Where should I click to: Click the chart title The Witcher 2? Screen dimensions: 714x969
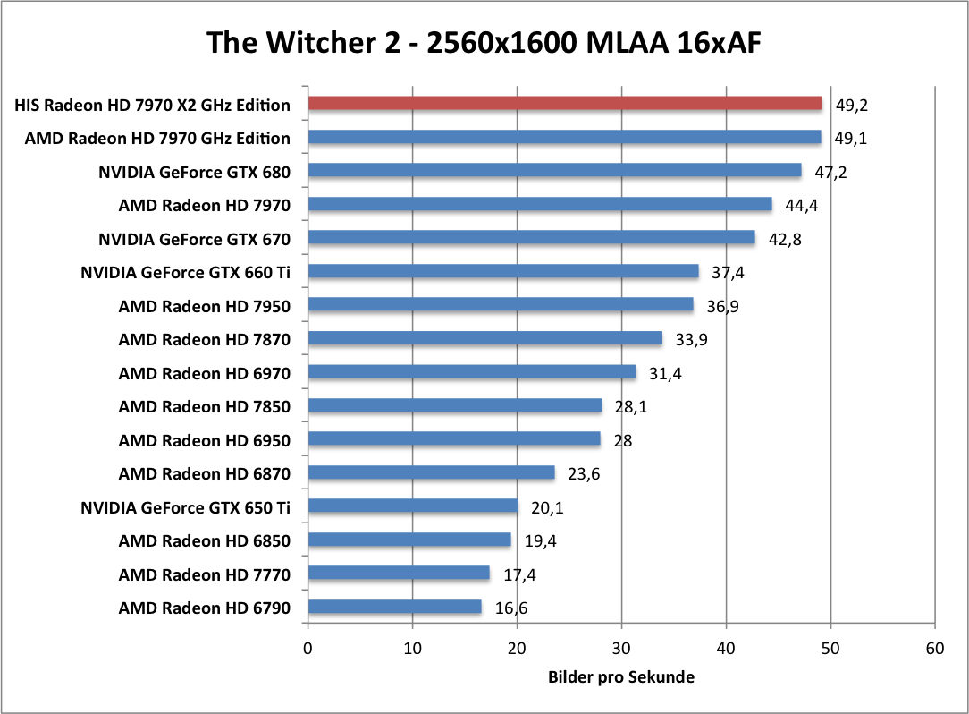click(484, 41)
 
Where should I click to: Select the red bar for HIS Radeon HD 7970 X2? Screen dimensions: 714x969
click(565, 103)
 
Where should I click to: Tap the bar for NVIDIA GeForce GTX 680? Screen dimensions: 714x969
click(554, 170)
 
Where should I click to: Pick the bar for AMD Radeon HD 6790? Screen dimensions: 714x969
click(394, 608)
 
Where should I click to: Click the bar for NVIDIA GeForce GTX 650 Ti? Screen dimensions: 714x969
click(413, 506)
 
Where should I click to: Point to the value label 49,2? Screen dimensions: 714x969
click(852, 105)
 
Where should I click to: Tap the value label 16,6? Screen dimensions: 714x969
click(510, 608)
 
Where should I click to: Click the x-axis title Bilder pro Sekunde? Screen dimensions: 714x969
click(620, 677)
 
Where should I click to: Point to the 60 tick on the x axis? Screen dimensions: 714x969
click(935, 647)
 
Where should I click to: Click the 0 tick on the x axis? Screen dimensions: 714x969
click(308, 647)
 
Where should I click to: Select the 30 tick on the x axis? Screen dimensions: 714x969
click(622, 647)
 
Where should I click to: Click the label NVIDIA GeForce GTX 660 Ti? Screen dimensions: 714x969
click(185, 272)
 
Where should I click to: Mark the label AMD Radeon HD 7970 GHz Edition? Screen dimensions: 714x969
click(157, 138)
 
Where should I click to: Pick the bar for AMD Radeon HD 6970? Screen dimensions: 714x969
click(472, 372)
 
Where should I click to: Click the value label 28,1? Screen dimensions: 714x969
click(633, 407)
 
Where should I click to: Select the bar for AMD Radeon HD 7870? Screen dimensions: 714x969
click(485, 338)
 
